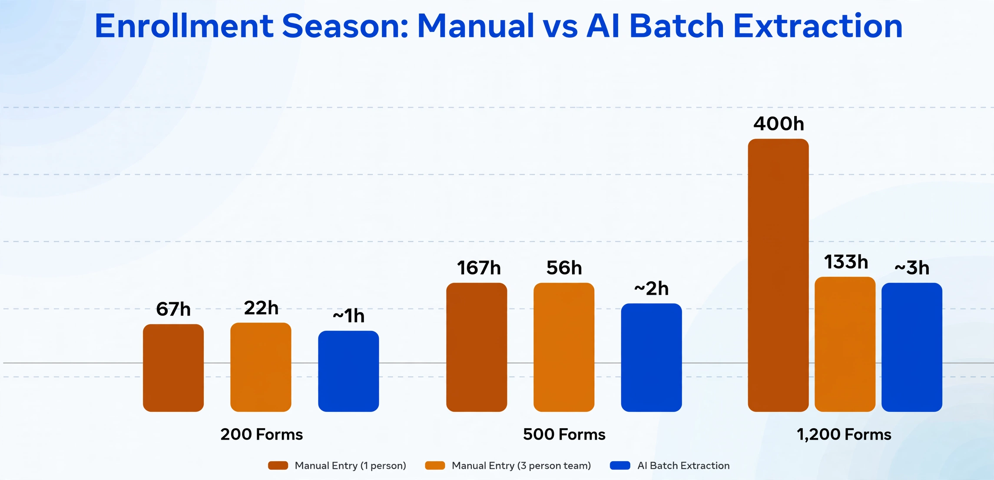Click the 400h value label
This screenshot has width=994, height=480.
[x=779, y=124]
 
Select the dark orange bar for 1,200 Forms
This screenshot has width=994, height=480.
[x=778, y=275]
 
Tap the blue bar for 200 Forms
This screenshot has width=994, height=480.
[x=348, y=371]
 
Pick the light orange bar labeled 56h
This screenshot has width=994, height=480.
[x=564, y=347]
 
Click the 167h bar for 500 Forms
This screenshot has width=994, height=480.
[x=477, y=347]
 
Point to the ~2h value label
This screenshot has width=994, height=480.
[x=651, y=288]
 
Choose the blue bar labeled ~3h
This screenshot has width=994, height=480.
[x=912, y=347]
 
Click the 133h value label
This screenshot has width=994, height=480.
[x=846, y=262]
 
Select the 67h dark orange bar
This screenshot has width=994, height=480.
[x=173, y=368]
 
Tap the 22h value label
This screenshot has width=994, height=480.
[x=261, y=308]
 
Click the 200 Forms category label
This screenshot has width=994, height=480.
[x=262, y=434]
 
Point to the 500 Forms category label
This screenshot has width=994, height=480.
[x=564, y=434]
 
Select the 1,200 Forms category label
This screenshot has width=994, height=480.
[x=844, y=434]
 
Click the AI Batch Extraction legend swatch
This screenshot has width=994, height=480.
[x=620, y=466]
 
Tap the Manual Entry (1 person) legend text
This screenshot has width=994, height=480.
[x=350, y=466]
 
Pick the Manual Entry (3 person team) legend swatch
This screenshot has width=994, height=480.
[x=435, y=466]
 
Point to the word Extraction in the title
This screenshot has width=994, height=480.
[x=818, y=26]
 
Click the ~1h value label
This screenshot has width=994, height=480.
[x=348, y=316]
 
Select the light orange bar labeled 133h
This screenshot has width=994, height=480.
[x=845, y=344]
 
